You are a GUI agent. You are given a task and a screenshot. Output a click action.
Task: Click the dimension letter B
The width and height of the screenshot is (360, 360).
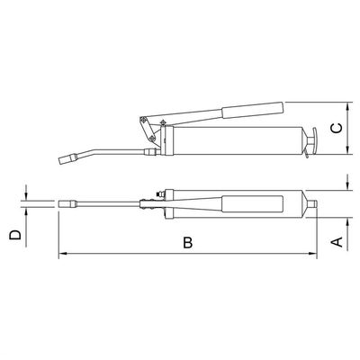pos(188,242)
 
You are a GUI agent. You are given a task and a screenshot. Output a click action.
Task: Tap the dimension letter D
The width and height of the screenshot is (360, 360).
pos(15,235)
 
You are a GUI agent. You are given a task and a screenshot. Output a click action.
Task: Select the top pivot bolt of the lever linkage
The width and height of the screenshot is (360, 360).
pos(143,119)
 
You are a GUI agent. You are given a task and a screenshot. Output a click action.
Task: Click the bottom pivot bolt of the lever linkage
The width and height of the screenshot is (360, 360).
pos(152,139)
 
